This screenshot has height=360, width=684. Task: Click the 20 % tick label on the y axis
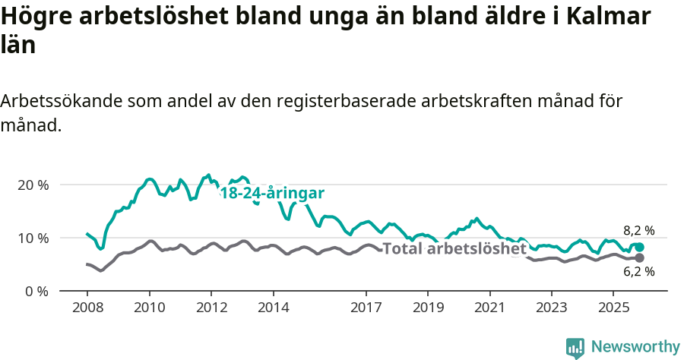coord(33,185)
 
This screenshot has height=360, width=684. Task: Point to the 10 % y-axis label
coord(33,238)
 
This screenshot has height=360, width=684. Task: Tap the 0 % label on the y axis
coord(36,291)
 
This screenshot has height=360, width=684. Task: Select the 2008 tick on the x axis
coord(87,308)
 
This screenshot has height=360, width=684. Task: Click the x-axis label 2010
coord(149,308)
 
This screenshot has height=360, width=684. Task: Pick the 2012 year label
coord(211,308)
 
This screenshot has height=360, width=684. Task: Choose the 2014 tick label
coord(273,308)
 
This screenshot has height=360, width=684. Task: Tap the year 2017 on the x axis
coord(366,308)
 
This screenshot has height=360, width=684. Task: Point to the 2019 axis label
coord(428,308)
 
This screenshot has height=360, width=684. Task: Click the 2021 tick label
coord(490,308)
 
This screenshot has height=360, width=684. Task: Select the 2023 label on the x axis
coord(552,308)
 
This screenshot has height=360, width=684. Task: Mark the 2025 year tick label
coord(614,308)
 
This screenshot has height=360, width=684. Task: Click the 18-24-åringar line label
coord(272,193)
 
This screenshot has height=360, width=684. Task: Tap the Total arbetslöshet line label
coord(454,248)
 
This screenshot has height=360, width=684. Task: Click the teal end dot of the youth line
coord(640,248)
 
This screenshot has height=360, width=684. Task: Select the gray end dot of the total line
coord(640,258)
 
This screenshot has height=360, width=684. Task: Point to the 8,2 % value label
coord(639,231)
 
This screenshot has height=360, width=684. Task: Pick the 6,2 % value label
coord(639,272)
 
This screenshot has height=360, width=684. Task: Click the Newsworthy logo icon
coord(575,347)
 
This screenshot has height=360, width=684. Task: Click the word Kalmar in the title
coord(607,16)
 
